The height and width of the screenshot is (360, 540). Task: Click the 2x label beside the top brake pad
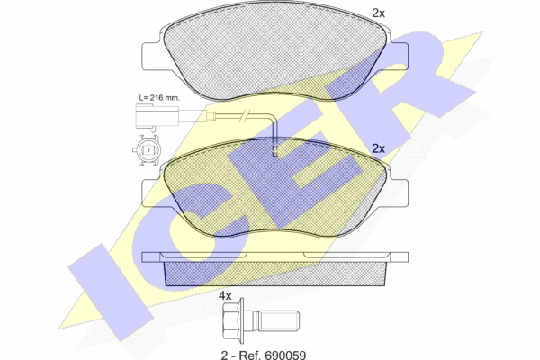378,13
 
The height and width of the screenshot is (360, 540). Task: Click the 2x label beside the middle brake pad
378,148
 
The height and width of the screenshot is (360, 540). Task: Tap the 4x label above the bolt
225,295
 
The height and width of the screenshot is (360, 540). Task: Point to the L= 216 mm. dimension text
159,97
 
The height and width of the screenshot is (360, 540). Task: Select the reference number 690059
285,355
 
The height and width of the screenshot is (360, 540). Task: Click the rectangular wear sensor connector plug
157,115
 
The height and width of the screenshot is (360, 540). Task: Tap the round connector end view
148,150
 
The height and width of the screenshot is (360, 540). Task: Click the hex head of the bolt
232,320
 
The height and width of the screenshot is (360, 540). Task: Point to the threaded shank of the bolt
278,320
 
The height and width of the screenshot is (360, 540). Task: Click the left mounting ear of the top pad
151,57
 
